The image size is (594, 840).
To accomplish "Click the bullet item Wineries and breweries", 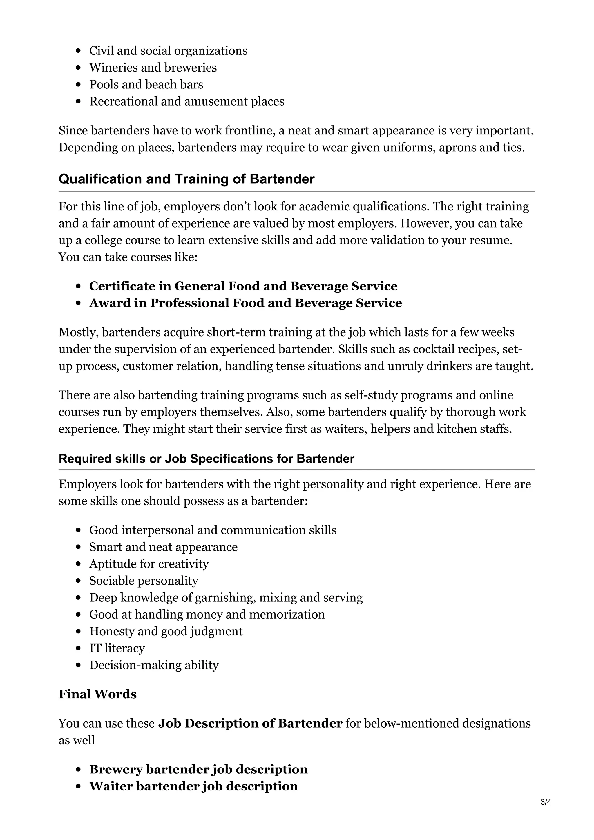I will [153, 68].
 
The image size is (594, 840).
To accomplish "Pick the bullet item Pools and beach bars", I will [146, 85].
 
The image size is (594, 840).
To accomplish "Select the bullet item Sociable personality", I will [144, 581].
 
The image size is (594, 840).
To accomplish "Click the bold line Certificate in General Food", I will [243, 286].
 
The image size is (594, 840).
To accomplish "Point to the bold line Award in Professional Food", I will [245, 303].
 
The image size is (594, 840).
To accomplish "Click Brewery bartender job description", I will [198, 769].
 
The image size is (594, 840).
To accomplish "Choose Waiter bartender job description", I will [193, 786].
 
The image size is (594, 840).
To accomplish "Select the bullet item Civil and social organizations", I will [168, 51].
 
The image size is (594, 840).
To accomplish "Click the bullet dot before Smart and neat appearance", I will [78, 547].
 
